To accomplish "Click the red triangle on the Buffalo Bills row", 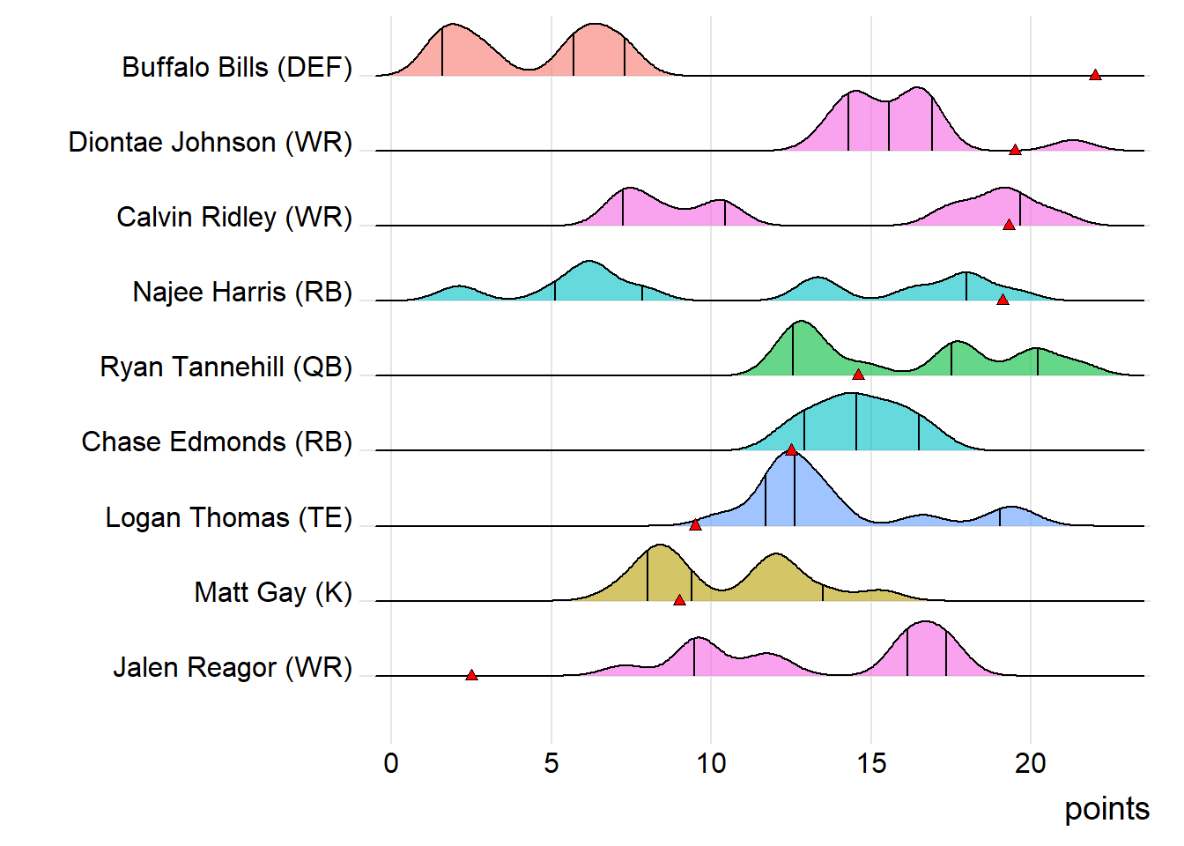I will tap(1095, 75).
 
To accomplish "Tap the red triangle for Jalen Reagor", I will tap(471, 675).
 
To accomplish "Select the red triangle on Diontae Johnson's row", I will tap(1015, 150).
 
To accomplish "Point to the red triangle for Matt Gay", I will tap(679, 600).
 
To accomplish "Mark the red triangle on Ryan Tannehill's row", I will tap(858, 375).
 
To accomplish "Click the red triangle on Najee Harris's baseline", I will tap(1003, 300).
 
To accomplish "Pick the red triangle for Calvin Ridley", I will tap(1009, 225).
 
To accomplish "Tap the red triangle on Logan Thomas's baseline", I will tap(695, 525).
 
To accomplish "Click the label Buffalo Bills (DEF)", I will tap(237, 67).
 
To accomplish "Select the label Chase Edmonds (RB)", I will tap(217, 442).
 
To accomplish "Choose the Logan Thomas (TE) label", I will tap(228, 517).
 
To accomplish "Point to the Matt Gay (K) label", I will tap(273, 592).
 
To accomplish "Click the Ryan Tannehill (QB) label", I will tap(226, 367).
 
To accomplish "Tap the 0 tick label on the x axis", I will tap(391, 763).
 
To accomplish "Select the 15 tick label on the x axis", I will tap(871, 763).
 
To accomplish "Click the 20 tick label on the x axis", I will tap(1031, 763).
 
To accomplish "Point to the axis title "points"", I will tap(1106, 809).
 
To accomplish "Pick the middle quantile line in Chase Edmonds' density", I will tap(856, 423).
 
